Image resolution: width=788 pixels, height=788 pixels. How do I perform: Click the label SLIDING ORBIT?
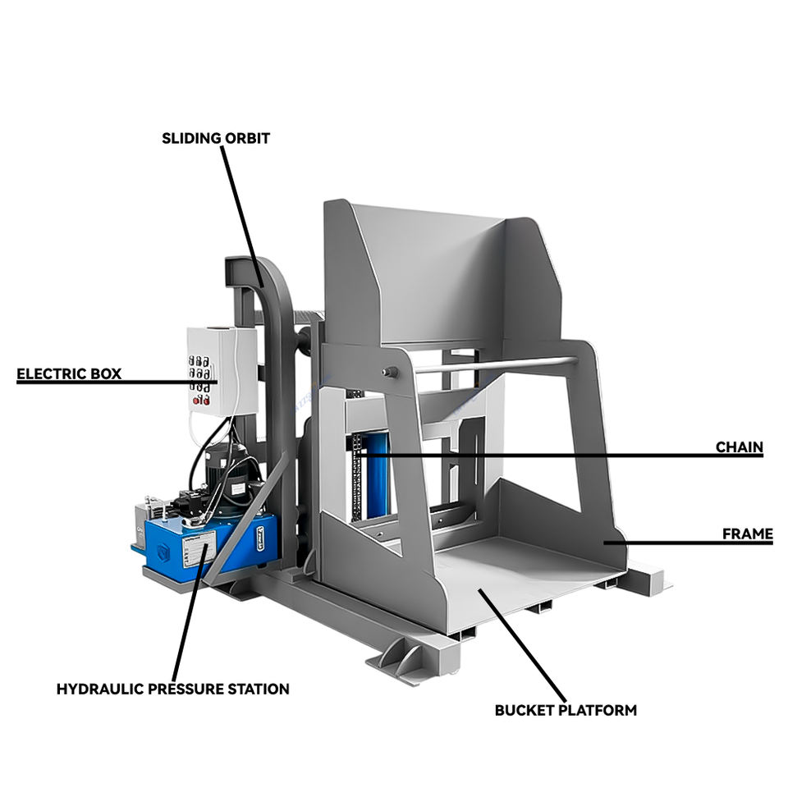tap(216, 138)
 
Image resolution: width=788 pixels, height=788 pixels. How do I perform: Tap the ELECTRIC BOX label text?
tap(69, 374)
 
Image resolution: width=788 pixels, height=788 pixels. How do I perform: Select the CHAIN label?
tap(739, 447)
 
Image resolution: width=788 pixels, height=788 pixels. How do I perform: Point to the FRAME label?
tap(747, 534)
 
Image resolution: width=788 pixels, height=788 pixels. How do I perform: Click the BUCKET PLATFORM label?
tap(566, 710)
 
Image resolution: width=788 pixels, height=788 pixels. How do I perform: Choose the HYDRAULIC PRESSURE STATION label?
tap(172, 689)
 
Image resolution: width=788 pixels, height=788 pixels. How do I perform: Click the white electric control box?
tap(222, 369)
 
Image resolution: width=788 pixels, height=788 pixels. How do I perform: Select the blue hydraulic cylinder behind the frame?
tap(378, 476)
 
